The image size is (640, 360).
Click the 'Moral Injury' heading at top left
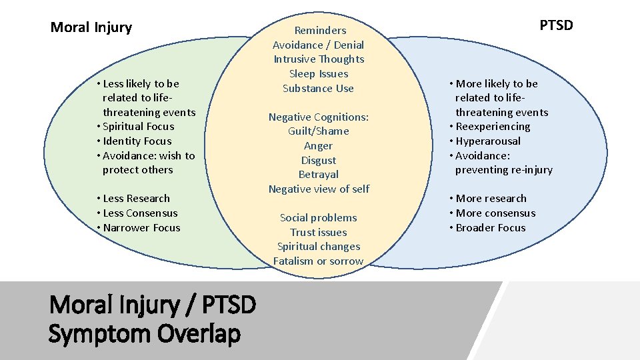click(x=91, y=27)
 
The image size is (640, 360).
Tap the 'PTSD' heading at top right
click(x=556, y=25)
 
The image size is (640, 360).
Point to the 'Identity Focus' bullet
click(x=137, y=141)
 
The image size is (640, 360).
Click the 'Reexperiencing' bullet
click(x=493, y=127)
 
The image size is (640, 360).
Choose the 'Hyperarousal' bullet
click(x=488, y=141)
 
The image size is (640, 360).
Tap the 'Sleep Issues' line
click(x=319, y=74)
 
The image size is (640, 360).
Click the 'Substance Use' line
click(x=319, y=89)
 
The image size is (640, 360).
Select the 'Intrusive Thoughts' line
click(x=319, y=59)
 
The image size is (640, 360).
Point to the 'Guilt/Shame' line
click(x=319, y=131)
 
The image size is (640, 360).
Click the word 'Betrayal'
click(x=319, y=175)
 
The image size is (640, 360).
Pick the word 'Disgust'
click(x=319, y=161)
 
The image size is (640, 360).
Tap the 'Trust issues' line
click(x=319, y=233)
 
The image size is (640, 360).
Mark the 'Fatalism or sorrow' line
click(x=319, y=261)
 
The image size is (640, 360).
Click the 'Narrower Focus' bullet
click(x=141, y=228)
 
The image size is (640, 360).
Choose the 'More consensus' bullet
click(x=495, y=213)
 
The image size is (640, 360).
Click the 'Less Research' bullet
click(x=136, y=199)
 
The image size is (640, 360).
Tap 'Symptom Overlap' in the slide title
click(x=144, y=333)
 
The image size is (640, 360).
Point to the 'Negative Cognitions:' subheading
click(x=319, y=117)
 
